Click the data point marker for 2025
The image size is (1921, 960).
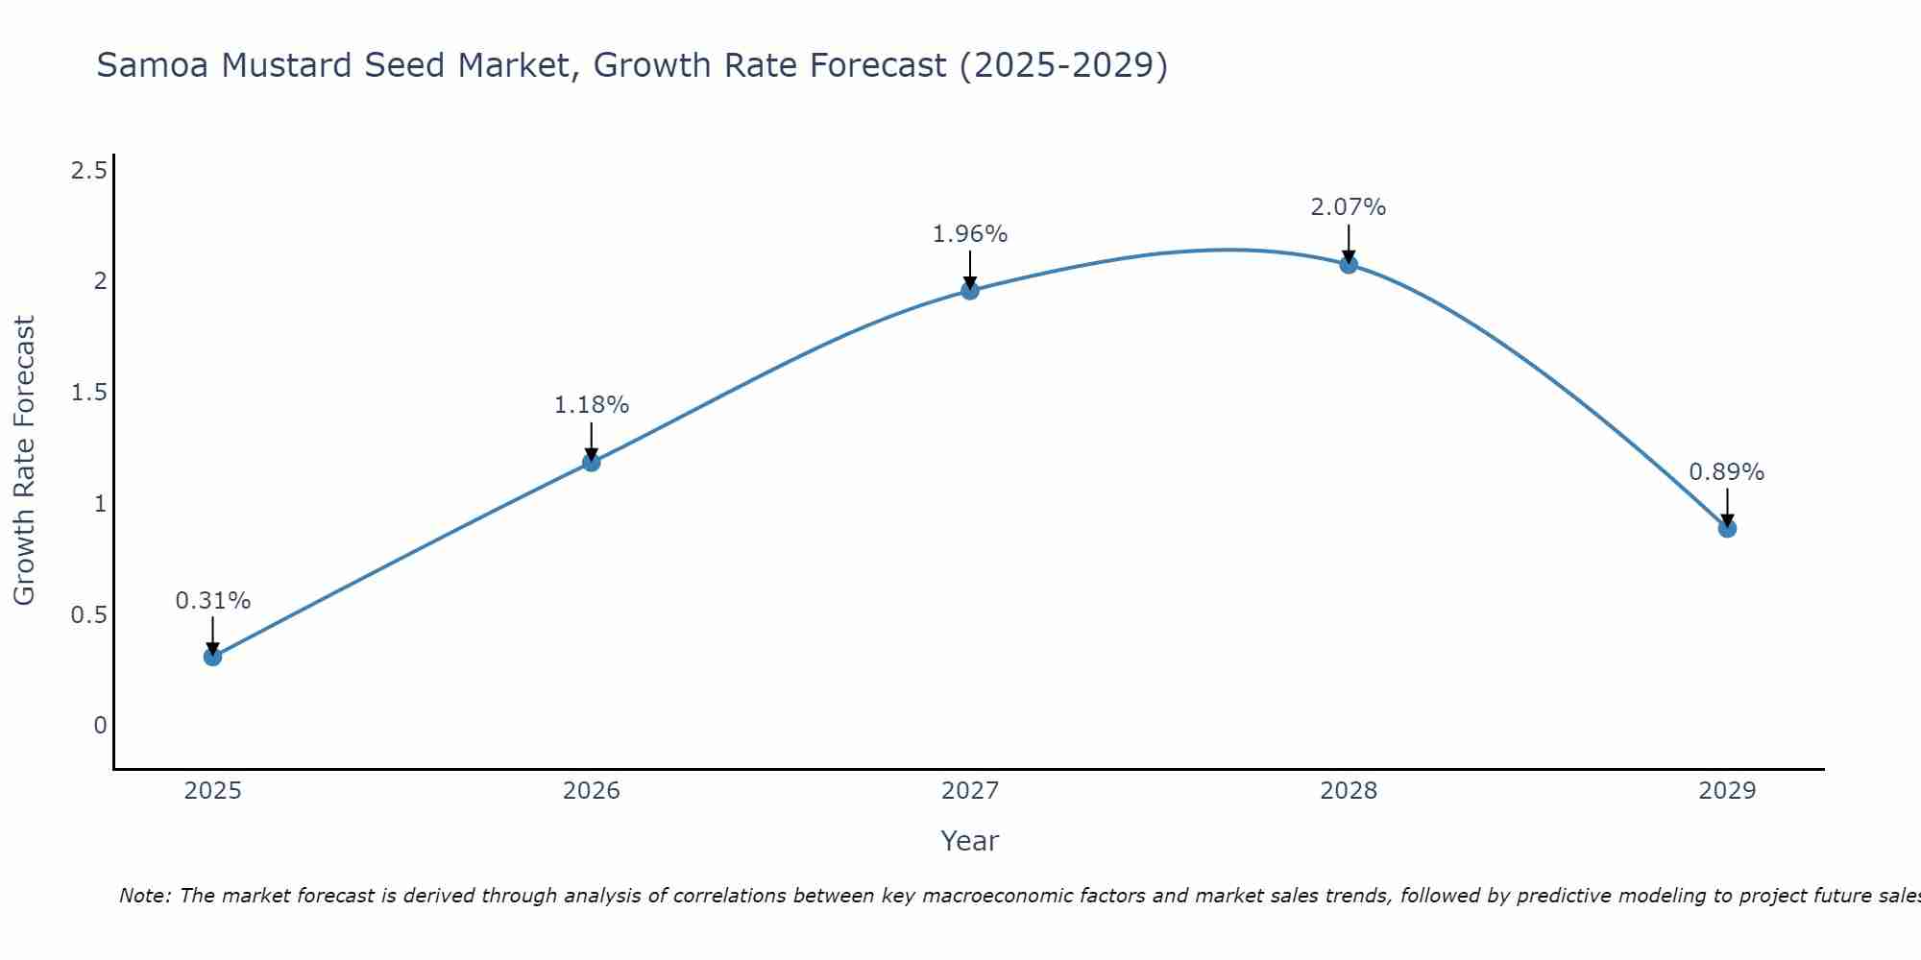pos(213,657)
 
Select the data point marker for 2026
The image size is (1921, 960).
pos(592,463)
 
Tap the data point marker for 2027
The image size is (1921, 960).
pos(970,290)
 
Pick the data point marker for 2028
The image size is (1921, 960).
pos(1349,265)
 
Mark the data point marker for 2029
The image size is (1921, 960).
pos(1727,528)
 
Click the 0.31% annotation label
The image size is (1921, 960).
pos(213,601)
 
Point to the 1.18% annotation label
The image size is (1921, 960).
pos(592,405)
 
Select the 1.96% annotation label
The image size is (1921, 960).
pos(970,234)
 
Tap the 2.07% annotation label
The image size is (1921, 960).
pos(1349,207)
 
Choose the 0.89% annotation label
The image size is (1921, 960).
pos(1727,472)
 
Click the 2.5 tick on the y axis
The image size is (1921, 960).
pos(88,171)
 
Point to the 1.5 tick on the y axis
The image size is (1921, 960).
pos(88,393)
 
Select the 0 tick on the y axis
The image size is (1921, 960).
pos(100,726)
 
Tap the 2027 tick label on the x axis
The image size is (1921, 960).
pos(970,791)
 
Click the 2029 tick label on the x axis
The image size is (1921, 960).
pos(1727,791)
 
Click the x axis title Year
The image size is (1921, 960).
pos(970,841)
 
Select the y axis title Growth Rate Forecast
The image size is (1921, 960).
pos(24,461)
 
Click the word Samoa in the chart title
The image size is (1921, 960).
pos(153,65)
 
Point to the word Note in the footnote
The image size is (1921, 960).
pos(144,896)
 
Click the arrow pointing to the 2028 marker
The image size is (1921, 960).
pos(1349,243)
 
